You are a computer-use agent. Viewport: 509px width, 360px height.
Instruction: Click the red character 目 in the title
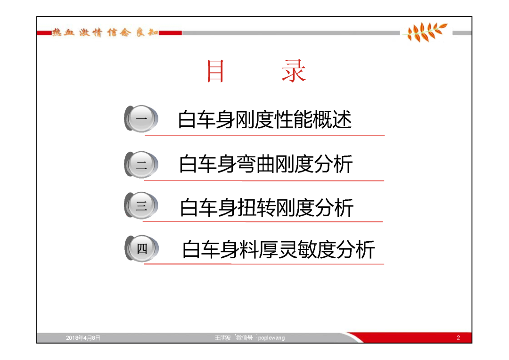(215, 71)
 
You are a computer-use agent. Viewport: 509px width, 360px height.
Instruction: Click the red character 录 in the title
(294, 71)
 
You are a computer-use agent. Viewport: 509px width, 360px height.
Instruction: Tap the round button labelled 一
(141, 118)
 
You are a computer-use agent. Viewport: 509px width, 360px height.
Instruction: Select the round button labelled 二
(141, 164)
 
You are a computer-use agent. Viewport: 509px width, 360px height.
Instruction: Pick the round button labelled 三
(141, 205)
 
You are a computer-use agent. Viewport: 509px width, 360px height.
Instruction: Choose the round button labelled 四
(142, 248)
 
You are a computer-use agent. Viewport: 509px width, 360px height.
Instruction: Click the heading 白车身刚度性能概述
(265, 120)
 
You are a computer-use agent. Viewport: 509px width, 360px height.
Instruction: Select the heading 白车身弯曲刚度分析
(266, 164)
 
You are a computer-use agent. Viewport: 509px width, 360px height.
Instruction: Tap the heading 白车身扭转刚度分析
(267, 208)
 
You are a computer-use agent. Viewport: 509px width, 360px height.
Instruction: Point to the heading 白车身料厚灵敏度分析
(279, 250)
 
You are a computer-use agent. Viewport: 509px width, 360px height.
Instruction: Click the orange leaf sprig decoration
(426, 32)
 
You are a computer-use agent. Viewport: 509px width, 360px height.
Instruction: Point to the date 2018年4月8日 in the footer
(83, 338)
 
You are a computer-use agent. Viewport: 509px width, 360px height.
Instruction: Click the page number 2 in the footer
(459, 337)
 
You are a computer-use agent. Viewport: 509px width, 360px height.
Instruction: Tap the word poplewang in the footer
(271, 338)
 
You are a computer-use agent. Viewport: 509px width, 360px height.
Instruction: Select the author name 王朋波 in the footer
(222, 338)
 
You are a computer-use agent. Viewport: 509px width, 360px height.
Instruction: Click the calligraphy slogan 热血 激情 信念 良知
(105, 33)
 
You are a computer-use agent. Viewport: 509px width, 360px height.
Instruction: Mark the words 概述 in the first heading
(332, 120)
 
